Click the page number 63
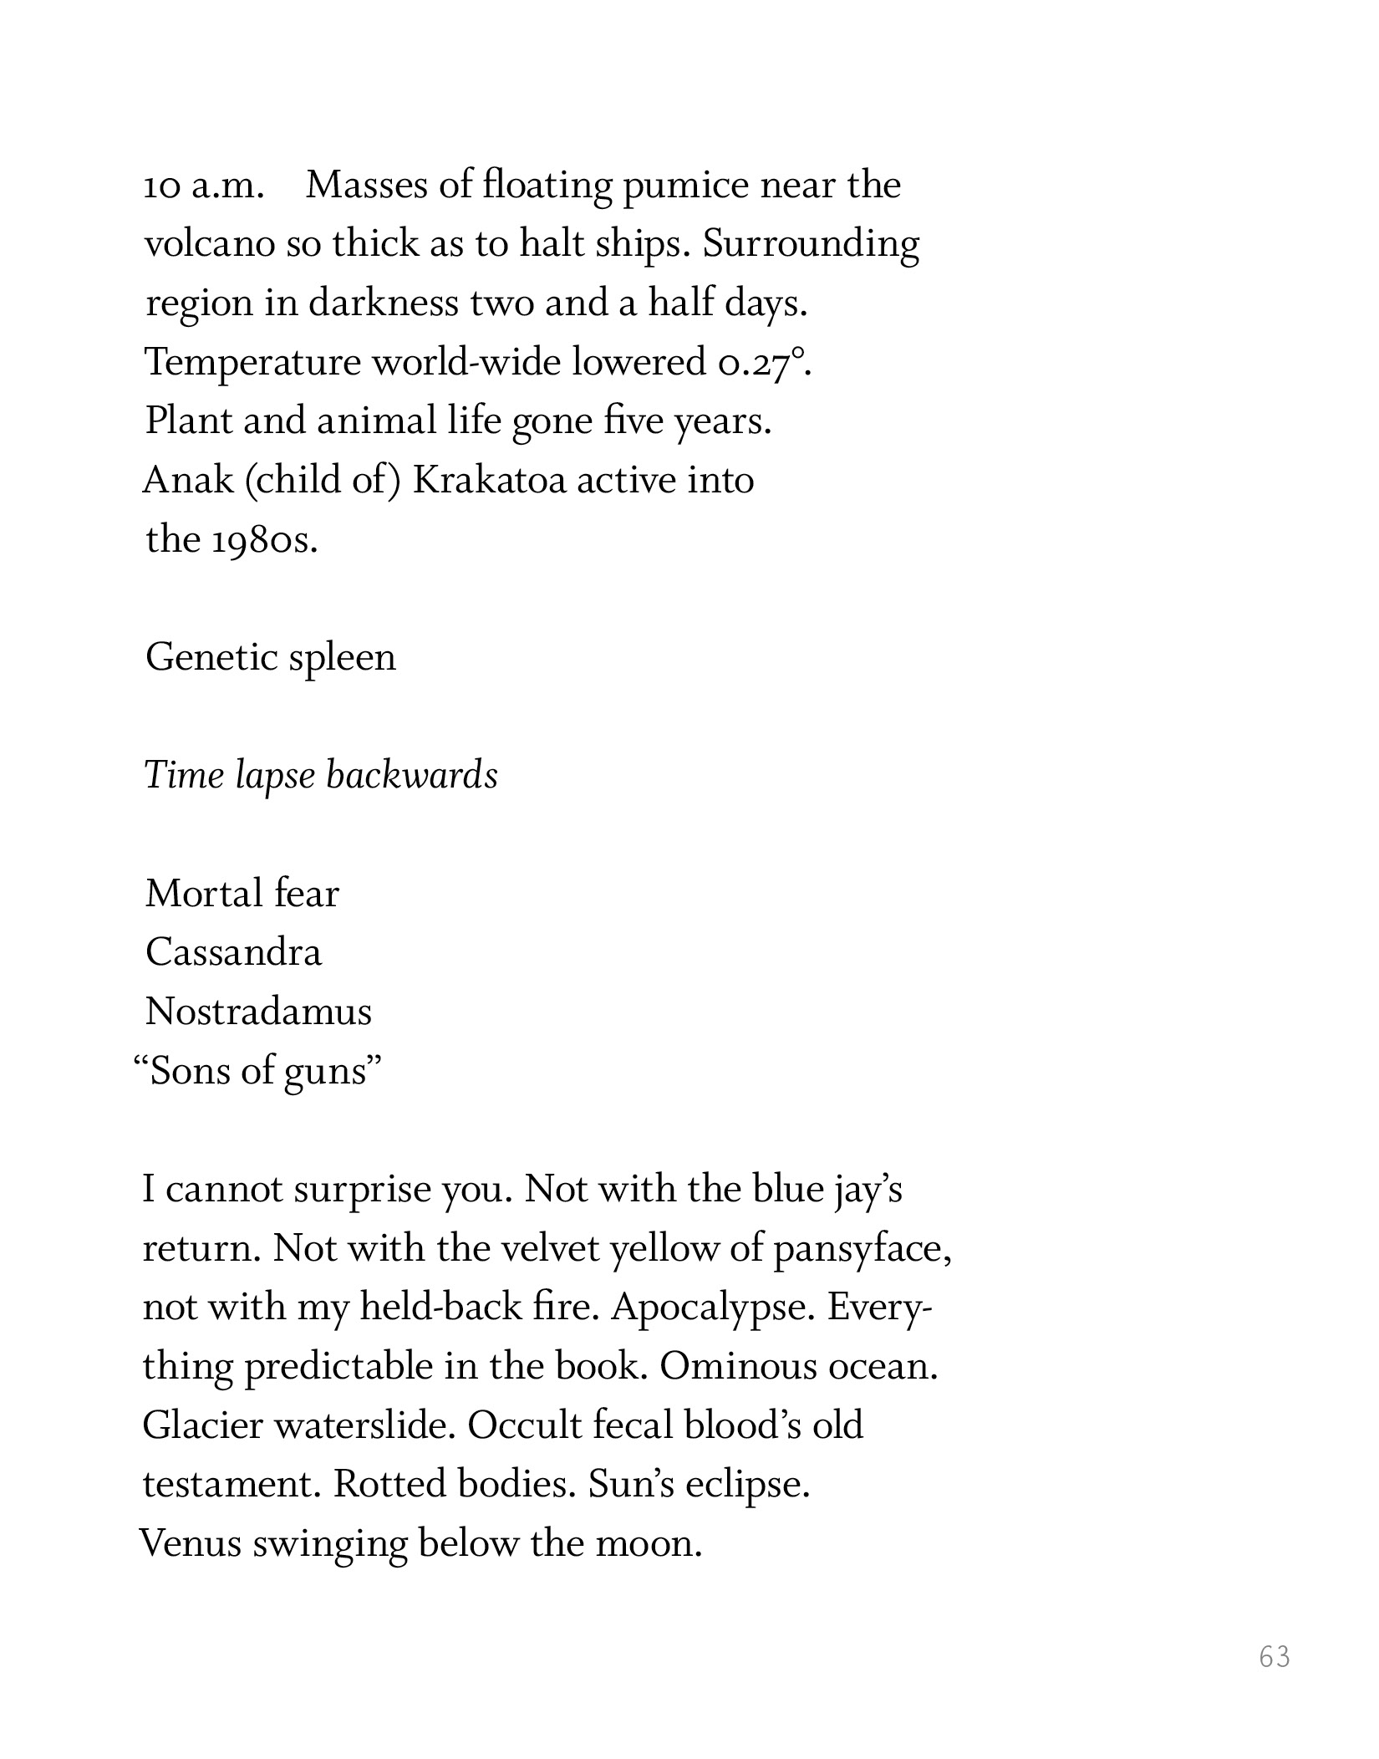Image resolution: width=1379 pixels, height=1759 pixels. coord(1275,1656)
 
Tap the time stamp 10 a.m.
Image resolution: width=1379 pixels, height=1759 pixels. coord(204,186)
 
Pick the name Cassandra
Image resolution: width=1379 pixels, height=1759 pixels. coord(233,953)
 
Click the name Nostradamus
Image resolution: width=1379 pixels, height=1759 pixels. coord(258,1012)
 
